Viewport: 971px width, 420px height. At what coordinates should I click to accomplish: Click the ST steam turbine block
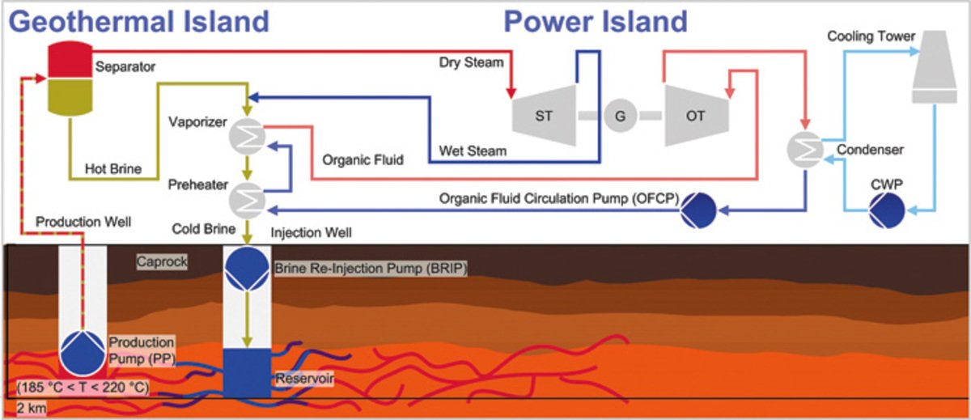(545, 114)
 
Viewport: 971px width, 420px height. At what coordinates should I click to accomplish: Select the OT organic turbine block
(696, 114)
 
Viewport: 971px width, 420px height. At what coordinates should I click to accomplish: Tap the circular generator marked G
(620, 115)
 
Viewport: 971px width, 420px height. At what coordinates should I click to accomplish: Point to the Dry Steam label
(471, 62)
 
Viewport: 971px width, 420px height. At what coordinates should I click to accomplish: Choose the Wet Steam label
(473, 151)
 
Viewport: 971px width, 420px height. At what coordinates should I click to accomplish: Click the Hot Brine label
(113, 170)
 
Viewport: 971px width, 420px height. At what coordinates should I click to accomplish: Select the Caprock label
(161, 263)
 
